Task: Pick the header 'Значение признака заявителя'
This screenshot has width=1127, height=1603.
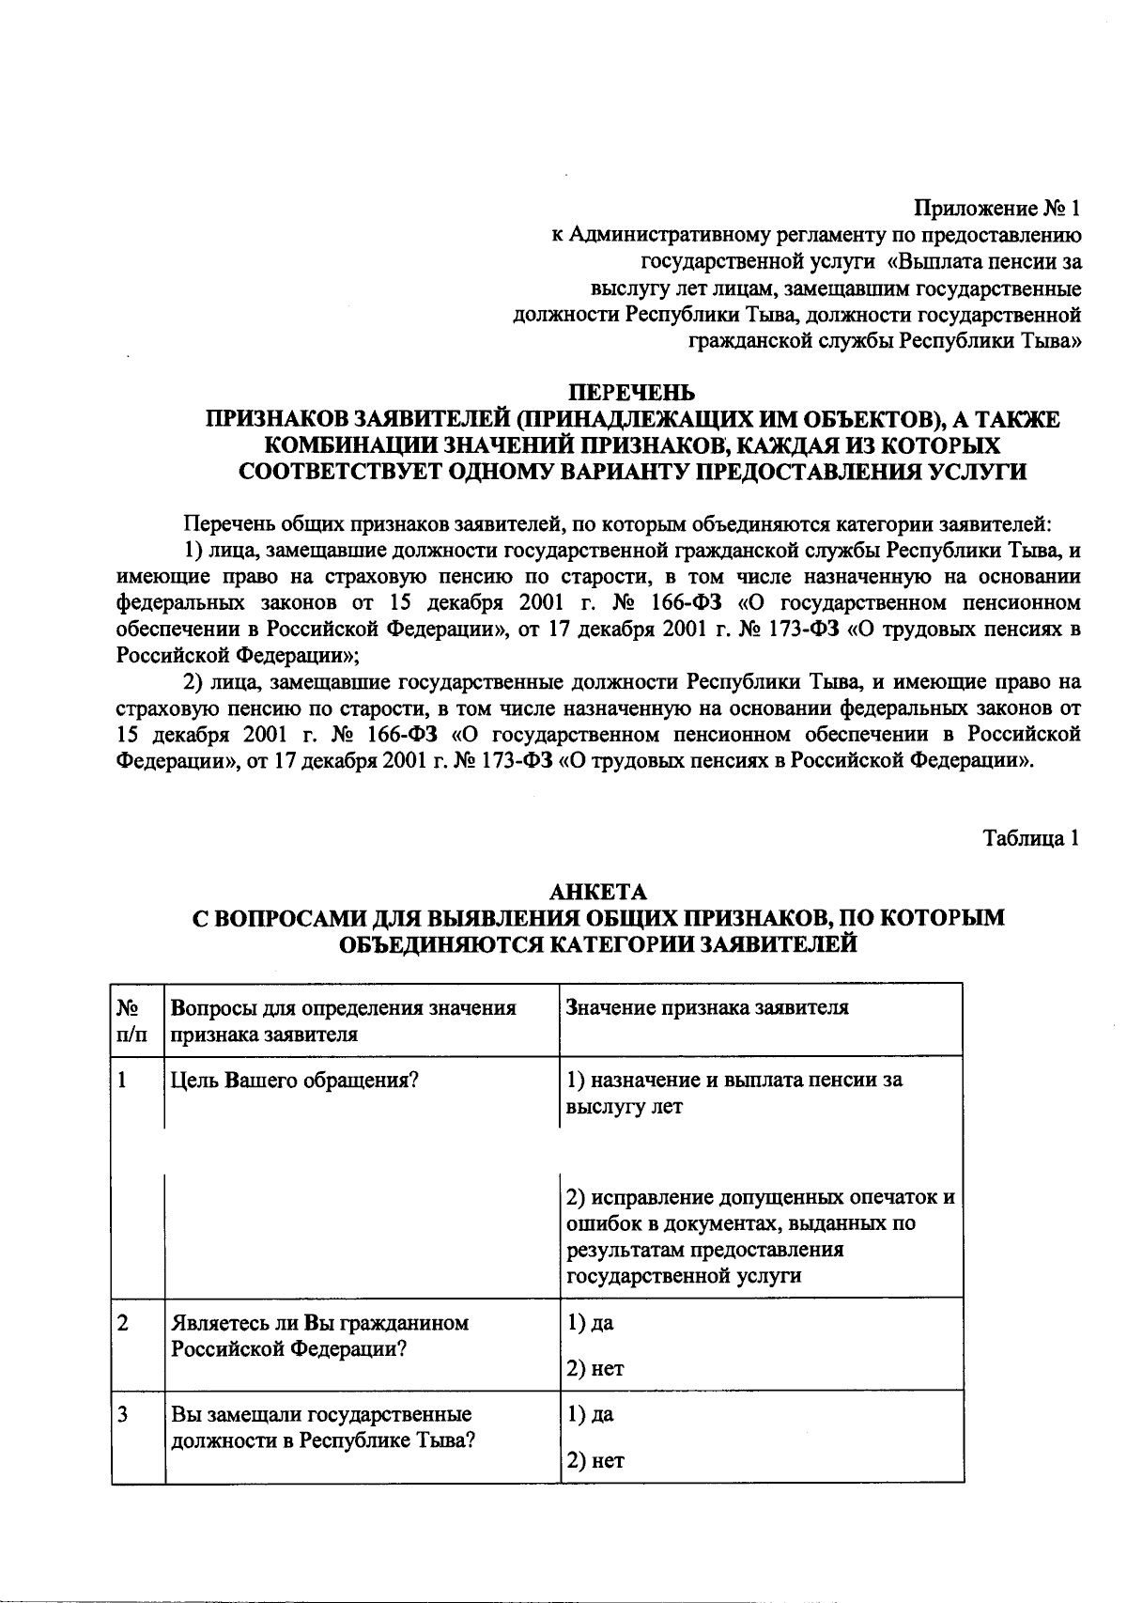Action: [707, 1008]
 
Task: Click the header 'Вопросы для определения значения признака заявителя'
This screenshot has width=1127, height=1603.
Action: [344, 1020]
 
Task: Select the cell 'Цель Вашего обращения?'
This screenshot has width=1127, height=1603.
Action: [294, 1080]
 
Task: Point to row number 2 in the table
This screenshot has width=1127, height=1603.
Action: [123, 1323]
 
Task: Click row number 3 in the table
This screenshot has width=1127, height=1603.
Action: [123, 1414]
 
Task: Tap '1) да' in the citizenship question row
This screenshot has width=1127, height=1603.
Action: [590, 1323]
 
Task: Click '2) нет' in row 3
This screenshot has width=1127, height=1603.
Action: [595, 1460]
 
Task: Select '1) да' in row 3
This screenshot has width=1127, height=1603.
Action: [590, 1414]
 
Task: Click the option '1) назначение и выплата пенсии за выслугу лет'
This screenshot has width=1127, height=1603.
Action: [733, 1092]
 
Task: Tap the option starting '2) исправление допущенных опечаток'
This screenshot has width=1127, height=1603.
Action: [760, 1237]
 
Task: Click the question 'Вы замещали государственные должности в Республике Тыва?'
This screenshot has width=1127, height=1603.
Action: [321, 1427]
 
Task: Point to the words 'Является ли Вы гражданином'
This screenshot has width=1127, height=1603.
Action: [319, 1323]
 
